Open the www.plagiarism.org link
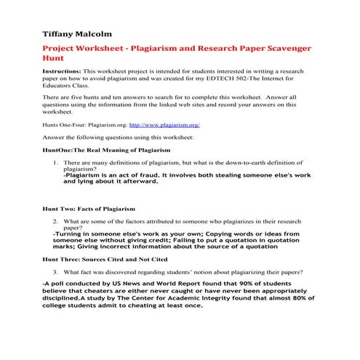coord(164,125)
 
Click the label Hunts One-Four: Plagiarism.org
coord(85,125)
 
